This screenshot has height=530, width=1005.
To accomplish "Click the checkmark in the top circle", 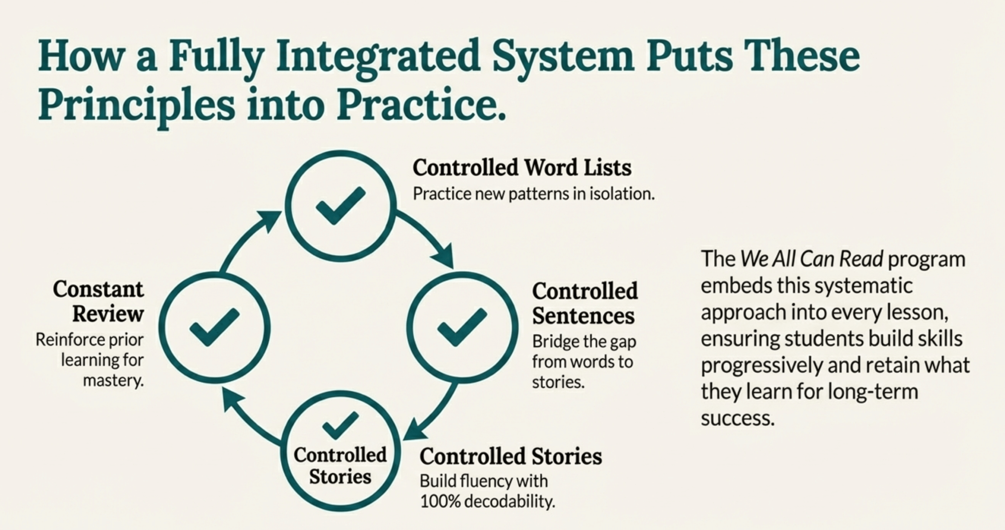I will point(340,205).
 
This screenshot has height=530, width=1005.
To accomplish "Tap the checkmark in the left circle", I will point(214,327).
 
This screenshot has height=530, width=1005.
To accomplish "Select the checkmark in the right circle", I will point(462,327).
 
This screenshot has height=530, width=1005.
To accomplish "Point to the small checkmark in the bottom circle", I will point(340,425).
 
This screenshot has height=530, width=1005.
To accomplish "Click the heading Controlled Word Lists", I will point(522,168).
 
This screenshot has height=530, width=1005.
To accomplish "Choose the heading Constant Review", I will point(99,301).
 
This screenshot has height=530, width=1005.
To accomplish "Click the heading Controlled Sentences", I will point(585,303).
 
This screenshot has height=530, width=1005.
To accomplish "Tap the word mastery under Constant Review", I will point(113,380).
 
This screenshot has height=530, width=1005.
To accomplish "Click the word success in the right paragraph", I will point(738,418).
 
